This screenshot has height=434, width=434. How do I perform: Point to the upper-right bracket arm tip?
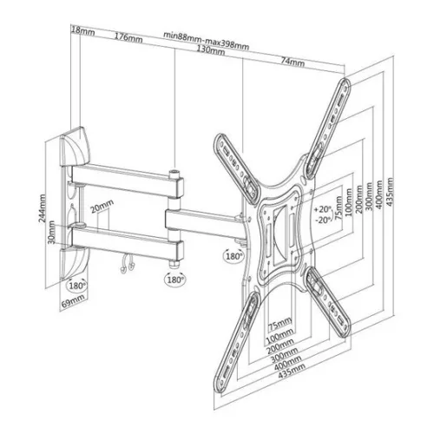coord(345,84)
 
